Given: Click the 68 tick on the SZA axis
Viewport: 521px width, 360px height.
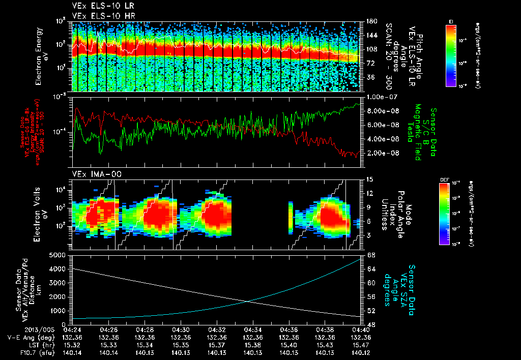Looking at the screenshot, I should click(x=371, y=254).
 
